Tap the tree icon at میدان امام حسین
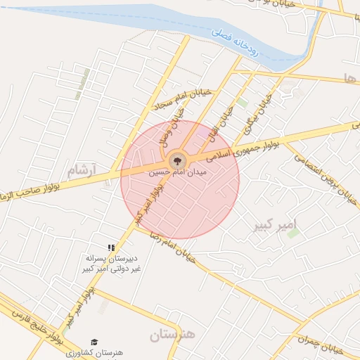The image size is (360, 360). (x=178, y=160)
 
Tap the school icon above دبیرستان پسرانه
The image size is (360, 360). (x=111, y=247)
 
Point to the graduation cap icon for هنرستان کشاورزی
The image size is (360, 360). (x=94, y=342)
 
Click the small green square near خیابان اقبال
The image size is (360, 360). (x=242, y=103)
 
